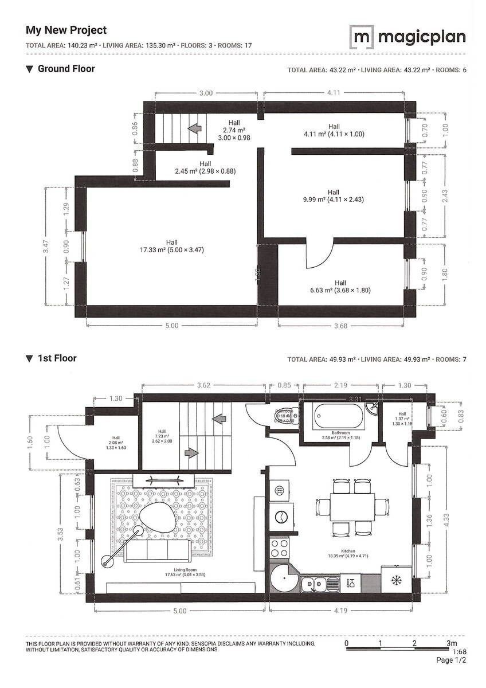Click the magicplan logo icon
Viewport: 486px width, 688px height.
[360, 37]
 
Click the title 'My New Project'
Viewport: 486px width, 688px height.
[66, 30]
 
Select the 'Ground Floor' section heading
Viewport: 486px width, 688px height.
[66, 69]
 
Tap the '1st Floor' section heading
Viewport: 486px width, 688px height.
[57, 358]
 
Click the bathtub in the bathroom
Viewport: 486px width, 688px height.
[333, 415]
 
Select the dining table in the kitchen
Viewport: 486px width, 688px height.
[351, 507]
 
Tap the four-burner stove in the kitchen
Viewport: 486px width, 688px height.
[281, 548]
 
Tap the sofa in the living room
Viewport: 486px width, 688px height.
[157, 551]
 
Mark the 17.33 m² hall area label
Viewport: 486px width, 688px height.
[171, 246]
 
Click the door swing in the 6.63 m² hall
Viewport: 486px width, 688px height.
[319, 256]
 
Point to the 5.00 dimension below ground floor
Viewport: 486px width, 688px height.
[171, 326]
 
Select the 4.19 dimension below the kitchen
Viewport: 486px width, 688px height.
[340, 611]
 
